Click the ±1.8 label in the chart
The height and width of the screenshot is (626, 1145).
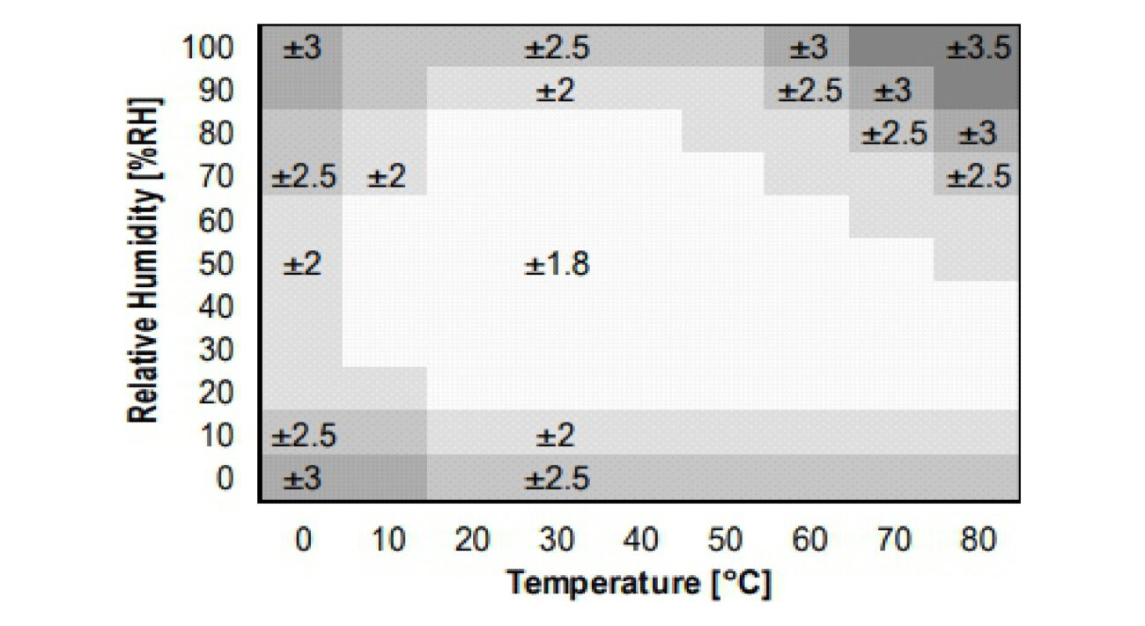coord(557,264)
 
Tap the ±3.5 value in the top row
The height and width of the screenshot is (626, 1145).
coord(979,48)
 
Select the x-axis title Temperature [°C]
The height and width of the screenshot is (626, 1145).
coord(640,583)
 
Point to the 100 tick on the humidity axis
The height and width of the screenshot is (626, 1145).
coord(209,48)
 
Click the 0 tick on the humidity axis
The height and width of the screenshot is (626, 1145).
coord(225,479)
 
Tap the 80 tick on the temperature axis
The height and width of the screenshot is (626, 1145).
coord(978,540)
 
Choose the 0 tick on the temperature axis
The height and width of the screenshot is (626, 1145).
coord(303,540)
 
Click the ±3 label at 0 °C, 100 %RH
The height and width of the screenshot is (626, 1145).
coord(302,48)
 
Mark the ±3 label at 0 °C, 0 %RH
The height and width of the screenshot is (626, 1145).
coord(302,479)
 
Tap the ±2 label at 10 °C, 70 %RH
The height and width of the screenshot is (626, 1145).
coord(387,178)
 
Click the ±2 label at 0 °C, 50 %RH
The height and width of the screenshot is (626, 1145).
coord(302,264)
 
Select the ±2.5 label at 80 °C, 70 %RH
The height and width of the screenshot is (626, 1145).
coord(979,178)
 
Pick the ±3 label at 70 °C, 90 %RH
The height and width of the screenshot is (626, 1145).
coord(893,91)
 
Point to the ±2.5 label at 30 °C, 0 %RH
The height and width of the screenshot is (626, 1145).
coord(557,479)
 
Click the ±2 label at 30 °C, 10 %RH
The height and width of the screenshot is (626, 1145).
coord(557,436)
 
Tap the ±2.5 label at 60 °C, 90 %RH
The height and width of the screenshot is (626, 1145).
coord(809,91)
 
